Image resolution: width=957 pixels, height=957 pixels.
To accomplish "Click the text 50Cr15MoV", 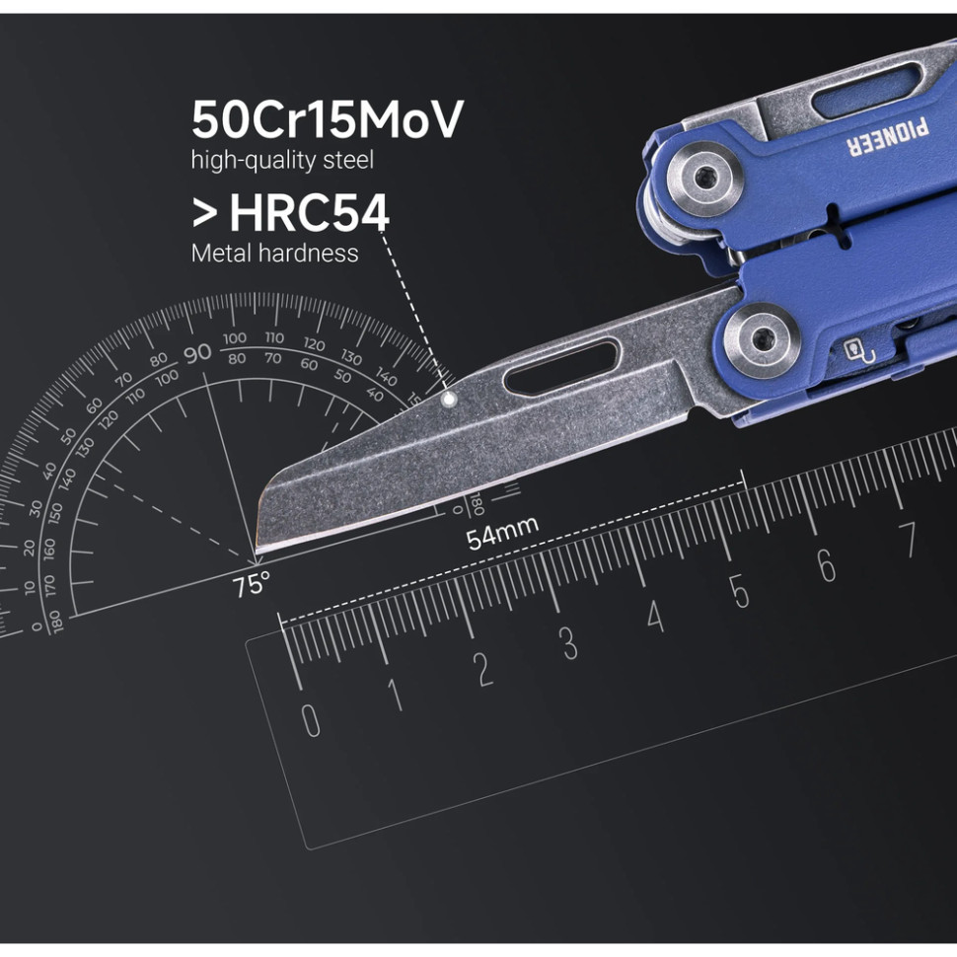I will [x=327, y=120].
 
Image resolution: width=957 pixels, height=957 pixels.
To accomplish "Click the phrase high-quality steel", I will [x=282, y=159].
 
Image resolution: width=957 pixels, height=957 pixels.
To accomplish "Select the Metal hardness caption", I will [x=274, y=253].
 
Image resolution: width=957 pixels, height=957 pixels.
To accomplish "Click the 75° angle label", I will [x=251, y=585].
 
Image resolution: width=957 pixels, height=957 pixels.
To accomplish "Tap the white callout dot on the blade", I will [x=449, y=400].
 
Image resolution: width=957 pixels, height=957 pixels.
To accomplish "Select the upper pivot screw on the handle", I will [x=704, y=178].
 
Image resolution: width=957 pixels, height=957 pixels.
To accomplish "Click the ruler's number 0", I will [x=311, y=720].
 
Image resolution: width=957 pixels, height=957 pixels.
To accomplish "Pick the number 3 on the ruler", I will [x=569, y=643].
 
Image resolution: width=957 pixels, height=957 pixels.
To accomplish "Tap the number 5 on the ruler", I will [x=740, y=591].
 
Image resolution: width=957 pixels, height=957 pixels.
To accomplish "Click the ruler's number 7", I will [x=908, y=540].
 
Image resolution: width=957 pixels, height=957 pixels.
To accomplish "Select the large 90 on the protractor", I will [x=197, y=352].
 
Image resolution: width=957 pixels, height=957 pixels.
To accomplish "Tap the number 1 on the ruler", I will [x=396, y=695].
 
